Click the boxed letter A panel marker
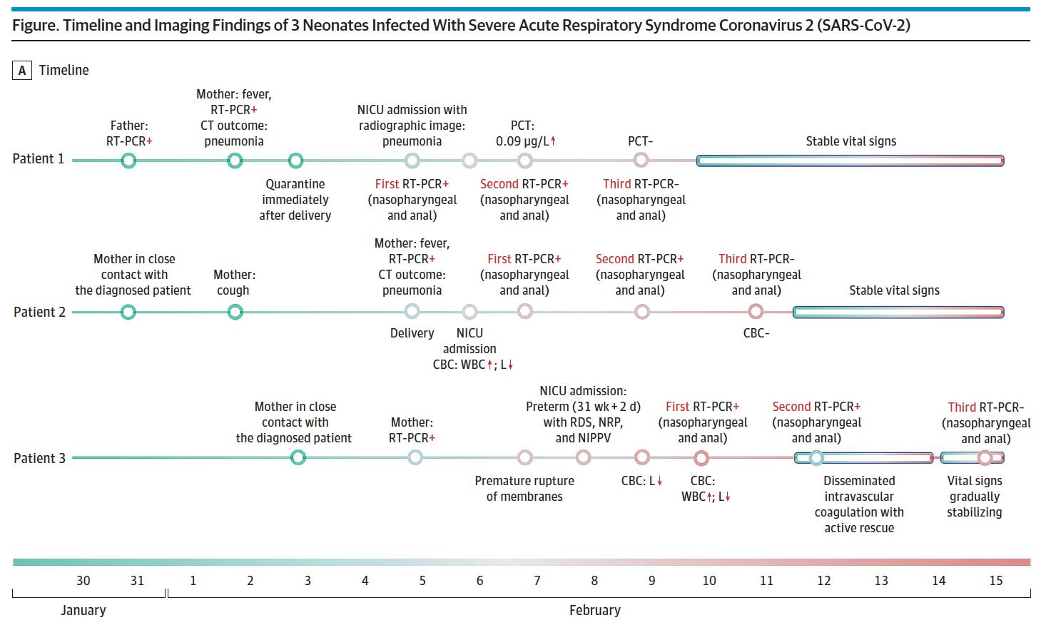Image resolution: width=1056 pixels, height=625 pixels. point(21,70)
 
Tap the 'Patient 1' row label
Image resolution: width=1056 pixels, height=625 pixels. point(39,159)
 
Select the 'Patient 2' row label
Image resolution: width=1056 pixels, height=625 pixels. point(40,312)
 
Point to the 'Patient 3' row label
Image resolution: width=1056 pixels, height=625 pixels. point(40,458)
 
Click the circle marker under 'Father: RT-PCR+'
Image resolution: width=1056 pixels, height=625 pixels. point(128,161)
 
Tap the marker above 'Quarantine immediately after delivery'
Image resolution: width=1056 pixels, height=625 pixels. point(295,161)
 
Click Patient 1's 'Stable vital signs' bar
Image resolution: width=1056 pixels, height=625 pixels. point(850,161)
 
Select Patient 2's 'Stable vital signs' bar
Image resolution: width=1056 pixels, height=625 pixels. point(898,312)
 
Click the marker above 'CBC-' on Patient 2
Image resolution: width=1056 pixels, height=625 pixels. point(756,312)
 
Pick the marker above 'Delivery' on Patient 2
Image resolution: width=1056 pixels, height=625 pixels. point(412,311)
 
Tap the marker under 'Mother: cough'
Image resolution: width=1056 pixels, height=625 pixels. point(235,312)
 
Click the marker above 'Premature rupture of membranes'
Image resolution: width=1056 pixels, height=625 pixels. point(524,457)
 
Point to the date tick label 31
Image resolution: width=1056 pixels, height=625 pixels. point(137,580)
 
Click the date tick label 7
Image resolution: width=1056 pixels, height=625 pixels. point(537,580)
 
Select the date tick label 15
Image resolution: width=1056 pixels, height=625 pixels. point(995,580)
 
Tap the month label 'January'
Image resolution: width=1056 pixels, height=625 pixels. point(83,610)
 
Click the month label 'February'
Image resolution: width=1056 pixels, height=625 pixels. point(595,610)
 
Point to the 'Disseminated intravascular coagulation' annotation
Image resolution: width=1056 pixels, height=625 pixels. point(859,497)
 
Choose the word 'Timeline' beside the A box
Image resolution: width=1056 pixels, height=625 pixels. point(64,70)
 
